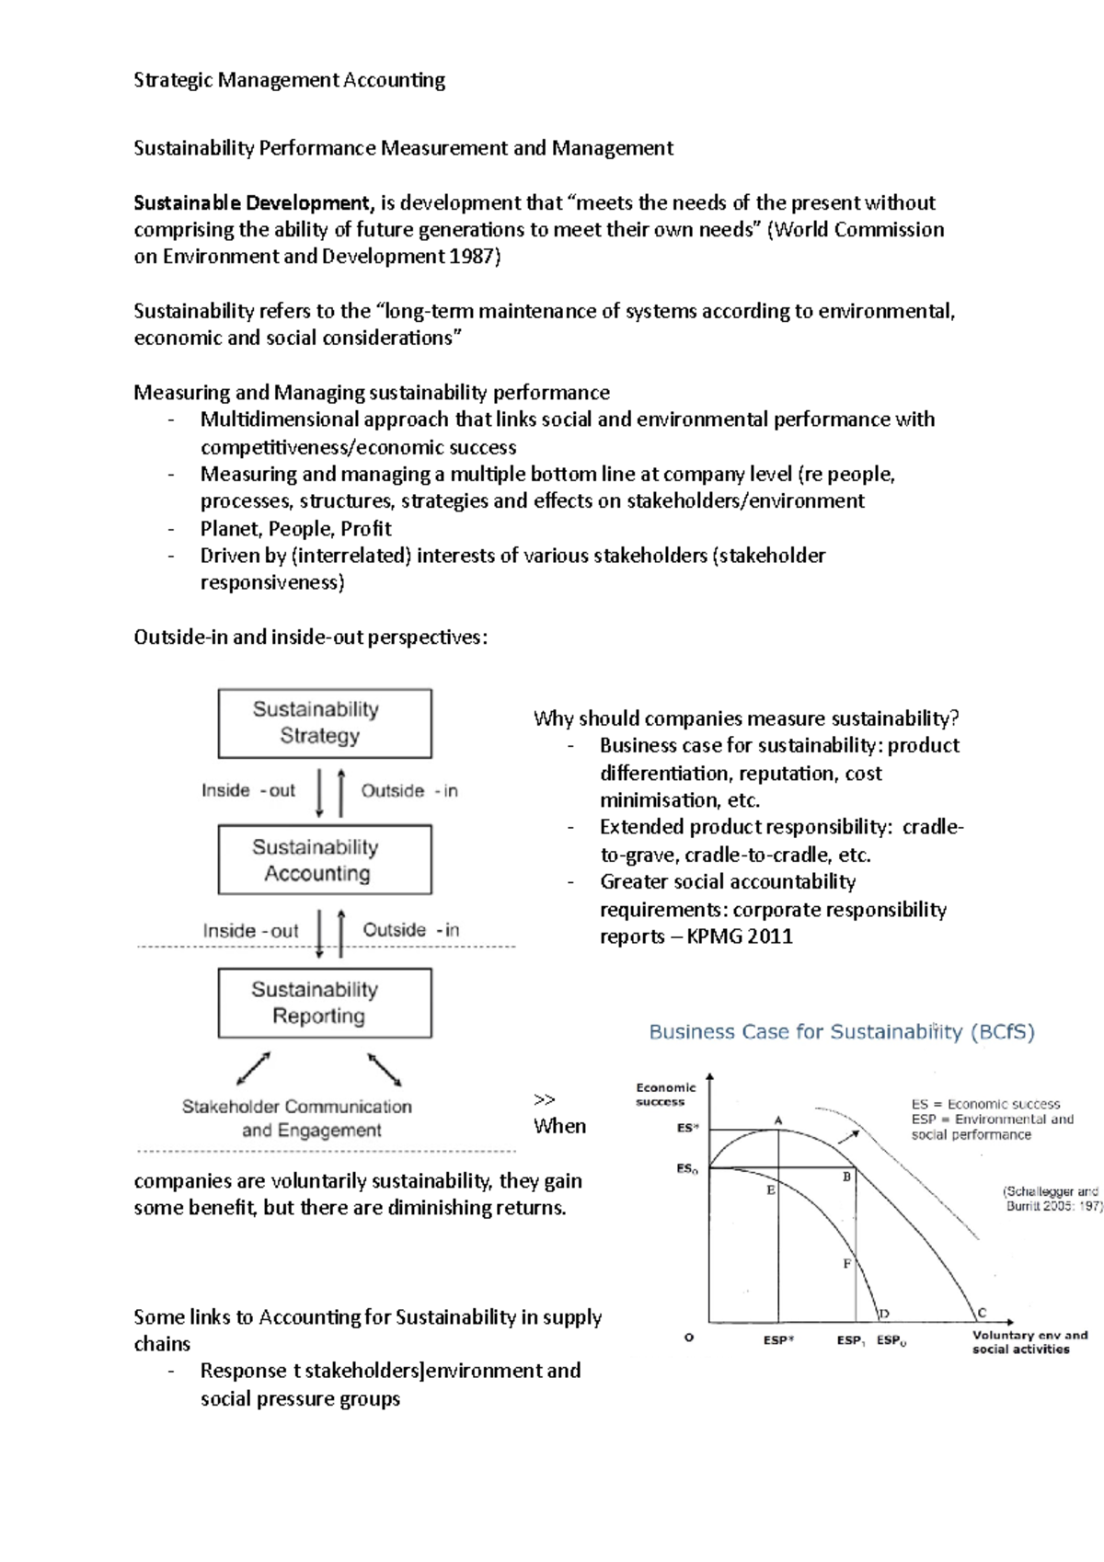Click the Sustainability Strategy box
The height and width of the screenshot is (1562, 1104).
point(324,723)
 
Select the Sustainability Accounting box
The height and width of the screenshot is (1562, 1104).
point(324,860)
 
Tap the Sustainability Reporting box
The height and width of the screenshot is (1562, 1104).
point(324,1003)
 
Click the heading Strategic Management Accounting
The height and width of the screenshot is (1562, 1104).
point(289,80)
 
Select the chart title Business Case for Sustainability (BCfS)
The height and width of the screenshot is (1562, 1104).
point(841,1032)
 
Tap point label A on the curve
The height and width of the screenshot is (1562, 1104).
point(778,1120)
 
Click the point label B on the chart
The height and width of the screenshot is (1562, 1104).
point(847,1177)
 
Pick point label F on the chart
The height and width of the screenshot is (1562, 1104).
point(847,1264)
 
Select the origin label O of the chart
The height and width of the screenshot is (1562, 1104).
point(689,1338)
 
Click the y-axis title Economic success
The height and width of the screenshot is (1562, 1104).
point(664,1095)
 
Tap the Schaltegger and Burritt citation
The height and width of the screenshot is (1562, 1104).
point(1052,1199)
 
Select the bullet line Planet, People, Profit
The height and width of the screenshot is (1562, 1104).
point(295,529)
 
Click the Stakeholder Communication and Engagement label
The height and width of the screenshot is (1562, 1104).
point(297,1119)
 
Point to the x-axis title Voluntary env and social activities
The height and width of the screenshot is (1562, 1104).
point(1029,1342)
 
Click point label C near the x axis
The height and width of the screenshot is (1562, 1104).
point(982,1313)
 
